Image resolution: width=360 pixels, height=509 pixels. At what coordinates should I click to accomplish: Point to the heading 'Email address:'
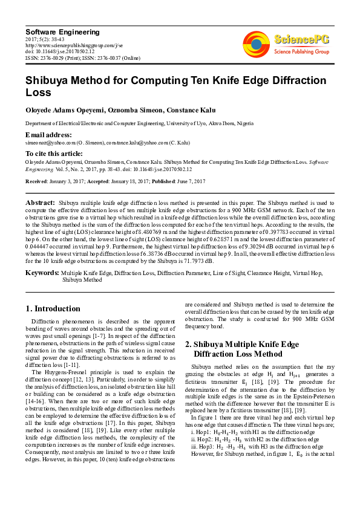48,134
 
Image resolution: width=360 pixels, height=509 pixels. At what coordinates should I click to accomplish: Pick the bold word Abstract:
41,202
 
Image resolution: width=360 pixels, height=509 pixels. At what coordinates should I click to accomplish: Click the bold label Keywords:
42,273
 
